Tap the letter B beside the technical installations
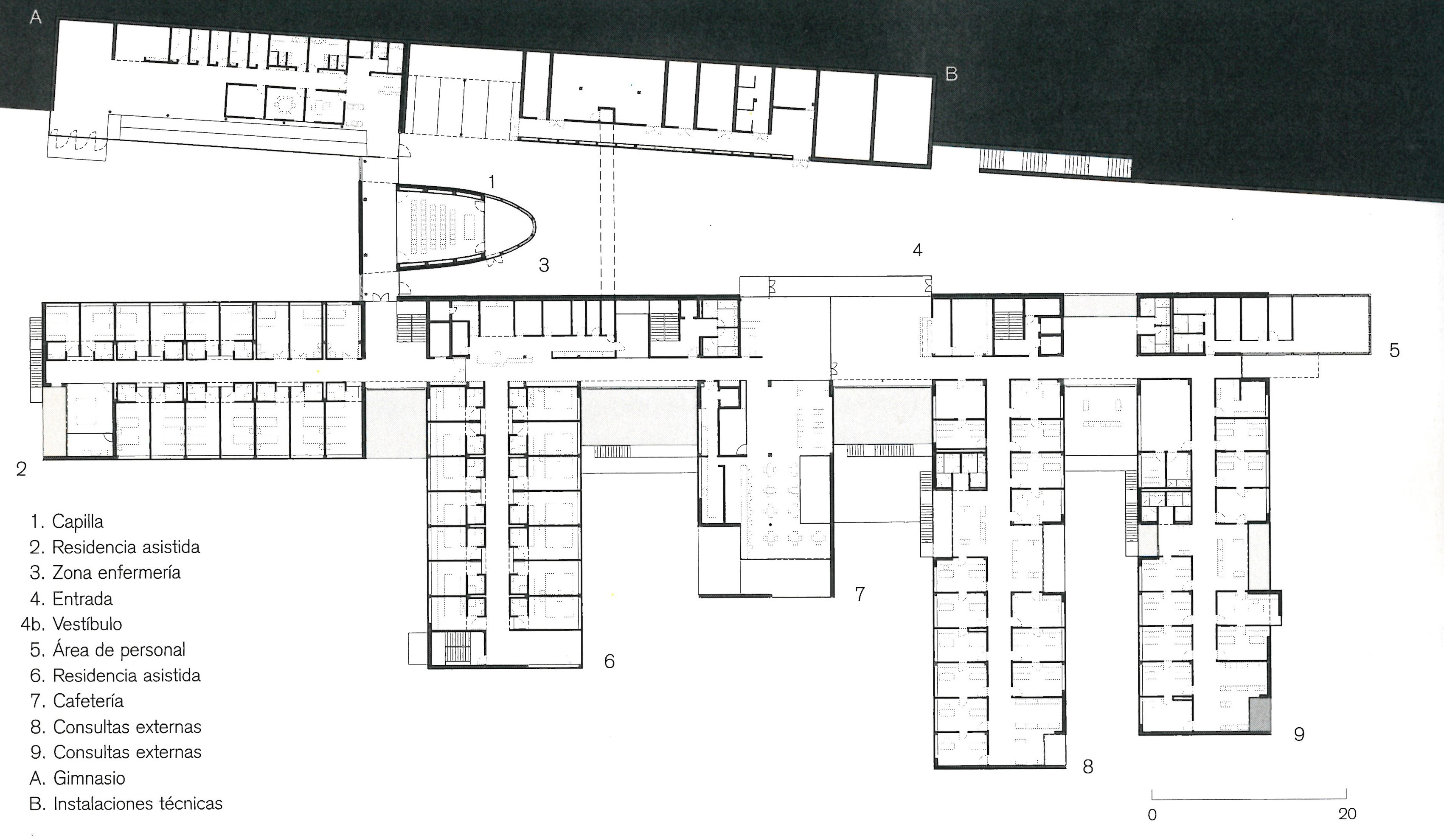[951, 74]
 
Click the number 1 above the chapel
[492, 182]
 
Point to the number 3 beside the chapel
[544, 265]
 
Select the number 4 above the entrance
[917, 250]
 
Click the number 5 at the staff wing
[1394, 350]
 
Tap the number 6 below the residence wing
[609, 661]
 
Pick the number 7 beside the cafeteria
[860, 594]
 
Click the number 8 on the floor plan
[1087, 766]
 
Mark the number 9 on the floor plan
[1299, 734]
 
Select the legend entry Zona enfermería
[116, 572]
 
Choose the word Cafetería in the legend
[88, 701]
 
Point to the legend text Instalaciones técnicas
[138, 804]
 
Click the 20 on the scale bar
[1347, 814]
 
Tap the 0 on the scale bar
[1152, 815]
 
